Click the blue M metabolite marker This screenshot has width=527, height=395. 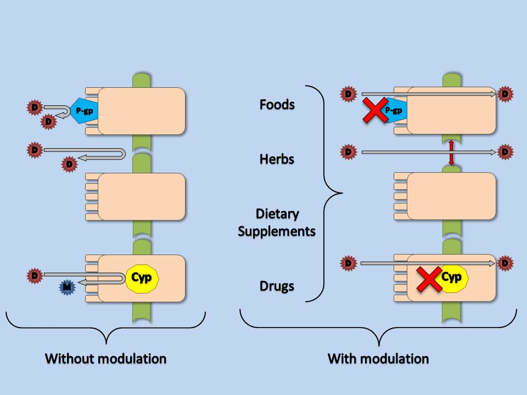tap(67, 287)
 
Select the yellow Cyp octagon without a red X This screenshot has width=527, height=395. tap(142, 278)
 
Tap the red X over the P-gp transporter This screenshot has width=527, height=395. tap(373, 111)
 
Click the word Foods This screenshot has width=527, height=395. tap(277, 104)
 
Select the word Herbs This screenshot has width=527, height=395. tap(277, 159)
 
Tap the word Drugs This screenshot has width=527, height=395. tap(277, 286)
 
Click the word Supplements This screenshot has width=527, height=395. tap(277, 231)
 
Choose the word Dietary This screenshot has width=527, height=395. tap(277, 213)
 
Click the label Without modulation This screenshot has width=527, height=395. tap(105, 359)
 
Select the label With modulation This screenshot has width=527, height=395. tap(378, 359)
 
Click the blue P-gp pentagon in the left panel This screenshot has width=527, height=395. tap(84, 111)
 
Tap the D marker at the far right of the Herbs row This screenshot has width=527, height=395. tap(505, 152)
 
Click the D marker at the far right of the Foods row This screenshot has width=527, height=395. tap(505, 94)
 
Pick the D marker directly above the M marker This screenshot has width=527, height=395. tap(35, 274)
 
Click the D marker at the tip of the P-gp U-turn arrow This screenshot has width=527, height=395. tap(49, 121)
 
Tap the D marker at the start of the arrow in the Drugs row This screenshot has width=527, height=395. tap(347, 263)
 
